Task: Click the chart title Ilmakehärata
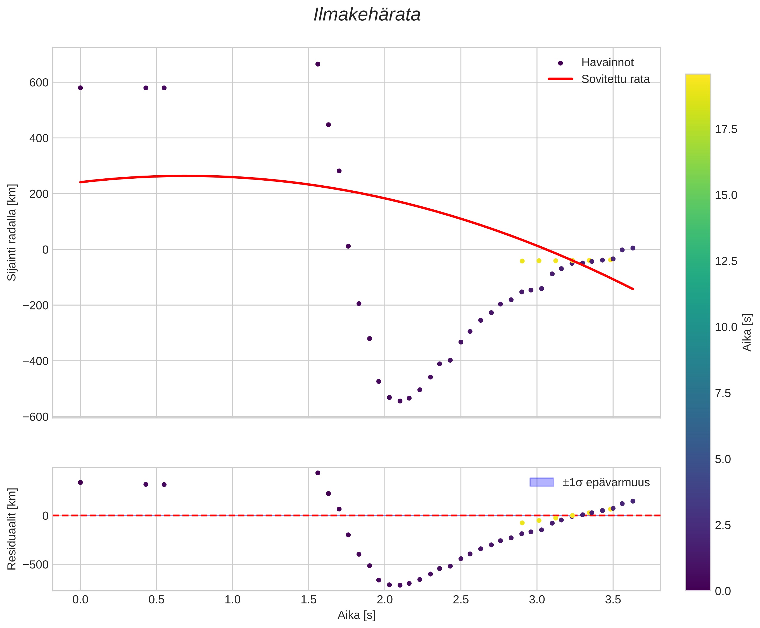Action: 367,15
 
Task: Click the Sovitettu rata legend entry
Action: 615,79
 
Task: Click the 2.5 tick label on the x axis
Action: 461,600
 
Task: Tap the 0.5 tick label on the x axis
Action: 156,600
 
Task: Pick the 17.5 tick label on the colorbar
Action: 726,129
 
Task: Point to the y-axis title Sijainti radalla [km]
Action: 12,232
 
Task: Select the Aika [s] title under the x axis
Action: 356,615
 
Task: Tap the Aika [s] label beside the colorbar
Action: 747,332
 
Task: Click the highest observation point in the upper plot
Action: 318,64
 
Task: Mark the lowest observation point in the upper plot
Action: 400,401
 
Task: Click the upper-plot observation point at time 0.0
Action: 80,88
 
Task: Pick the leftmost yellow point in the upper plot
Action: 522,261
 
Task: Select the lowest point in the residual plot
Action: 400,585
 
